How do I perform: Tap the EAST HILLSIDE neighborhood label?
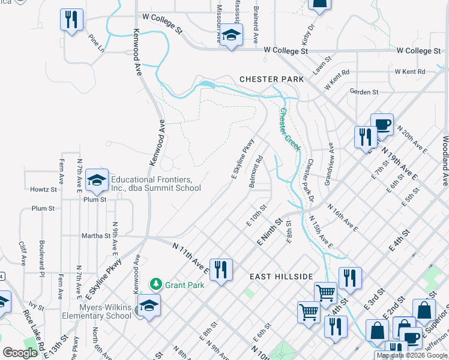tap(282, 276)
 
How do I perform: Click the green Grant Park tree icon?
tap(155, 283)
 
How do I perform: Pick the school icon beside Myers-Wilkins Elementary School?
tap(149, 304)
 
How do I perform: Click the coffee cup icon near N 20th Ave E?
tap(382, 124)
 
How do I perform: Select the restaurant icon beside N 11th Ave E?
tap(220, 269)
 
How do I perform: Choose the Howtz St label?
tap(43, 189)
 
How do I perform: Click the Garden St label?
tap(364, 92)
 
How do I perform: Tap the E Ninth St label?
tap(270, 232)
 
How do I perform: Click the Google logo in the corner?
tap(20, 353)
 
